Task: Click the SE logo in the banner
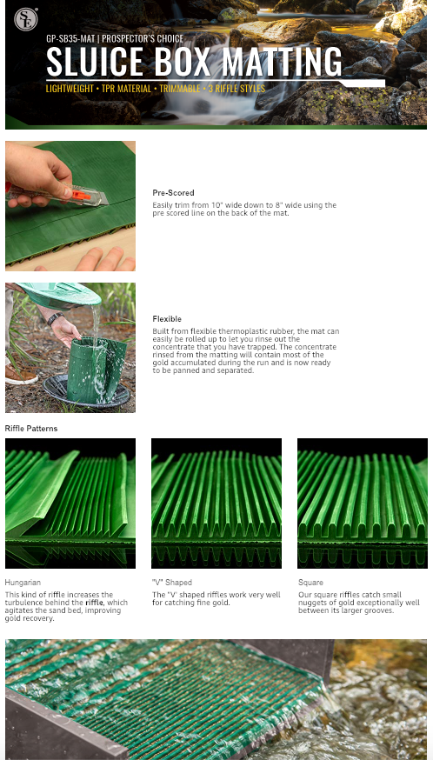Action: point(26,19)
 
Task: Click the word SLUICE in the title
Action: point(95,62)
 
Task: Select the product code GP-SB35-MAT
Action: point(70,39)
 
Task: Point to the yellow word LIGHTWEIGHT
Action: point(70,89)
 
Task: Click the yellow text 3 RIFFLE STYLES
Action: point(236,89)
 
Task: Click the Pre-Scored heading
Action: point(173,192)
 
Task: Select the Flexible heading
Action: point(167,319)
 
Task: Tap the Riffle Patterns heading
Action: point(31,429)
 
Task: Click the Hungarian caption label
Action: point(23,583)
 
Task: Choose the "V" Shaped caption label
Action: point(172,583)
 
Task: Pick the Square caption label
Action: point(310,583)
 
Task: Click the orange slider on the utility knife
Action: point(81,196)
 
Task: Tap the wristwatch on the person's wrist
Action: point(55,318)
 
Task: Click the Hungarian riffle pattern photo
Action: point(70,503)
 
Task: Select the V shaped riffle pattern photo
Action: point(216,503)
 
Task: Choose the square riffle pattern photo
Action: point(363,503)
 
